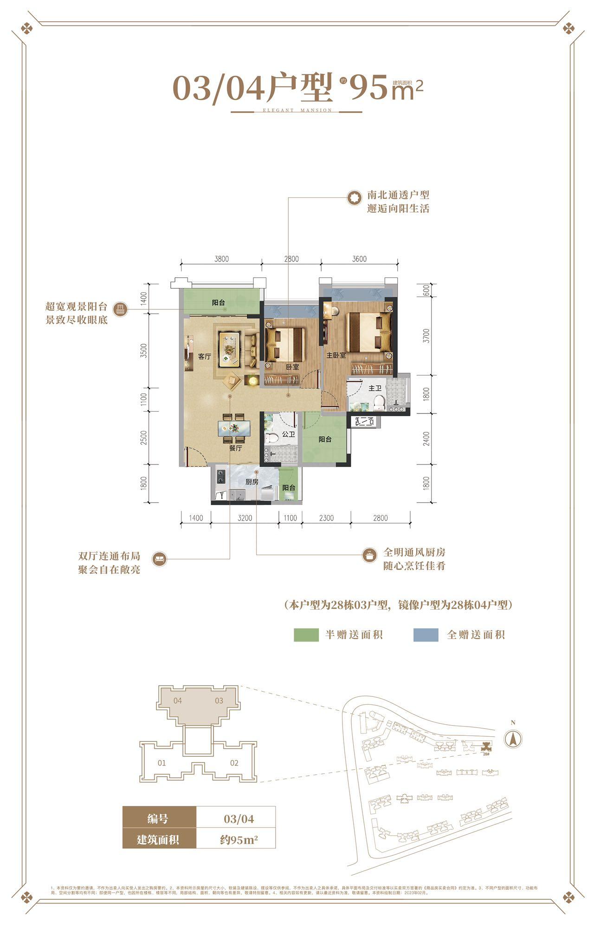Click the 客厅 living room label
click(204, 357)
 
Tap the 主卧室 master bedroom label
click(336, 355)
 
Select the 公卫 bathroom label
click(288, 434)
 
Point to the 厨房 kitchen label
click(252, 482)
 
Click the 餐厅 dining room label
click(236, 448)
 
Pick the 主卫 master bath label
click(374, 388)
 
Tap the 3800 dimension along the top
click(221, 259)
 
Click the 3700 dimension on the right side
click(426, 335)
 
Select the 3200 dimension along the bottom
click(245, 518)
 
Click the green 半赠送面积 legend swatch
click(306, 635)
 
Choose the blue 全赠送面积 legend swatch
click(426, 635)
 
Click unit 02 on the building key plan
click(234, 763)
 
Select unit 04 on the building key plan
click(177, 701)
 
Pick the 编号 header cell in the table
click(158, 819)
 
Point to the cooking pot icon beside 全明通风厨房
click(369, 555)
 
